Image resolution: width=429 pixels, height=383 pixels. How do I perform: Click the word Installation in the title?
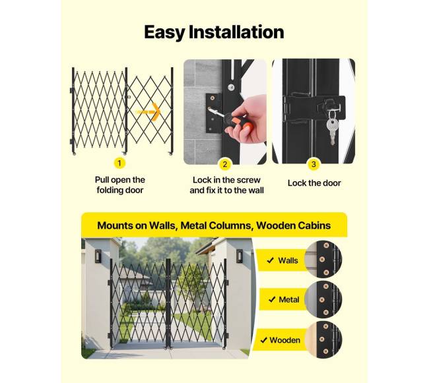click(x=236, y=32)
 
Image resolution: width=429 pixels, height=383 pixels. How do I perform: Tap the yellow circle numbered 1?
click(x=119, y=163)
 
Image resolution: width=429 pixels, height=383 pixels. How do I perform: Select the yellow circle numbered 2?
click(x=225, y=164)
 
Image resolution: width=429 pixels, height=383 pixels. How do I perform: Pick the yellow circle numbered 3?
click(x=313, y=164)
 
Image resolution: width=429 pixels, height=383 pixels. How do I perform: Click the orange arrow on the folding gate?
click(x=149, y=111)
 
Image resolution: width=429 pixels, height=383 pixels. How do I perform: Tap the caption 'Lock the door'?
click(x=314, y=183)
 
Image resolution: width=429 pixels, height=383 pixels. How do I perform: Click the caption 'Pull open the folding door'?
click(x=120, y=185)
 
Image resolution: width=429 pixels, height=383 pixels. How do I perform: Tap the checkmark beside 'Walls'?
click(x=271, y=260)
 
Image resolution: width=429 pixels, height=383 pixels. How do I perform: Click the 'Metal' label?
click(x=289, y=300)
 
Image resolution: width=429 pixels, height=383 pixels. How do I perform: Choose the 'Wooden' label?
click(x=285, y=340)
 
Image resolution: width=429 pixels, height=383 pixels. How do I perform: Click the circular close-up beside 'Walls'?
click(x=323, y=259)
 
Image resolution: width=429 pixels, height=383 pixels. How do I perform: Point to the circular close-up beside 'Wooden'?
click(x=323, y=339)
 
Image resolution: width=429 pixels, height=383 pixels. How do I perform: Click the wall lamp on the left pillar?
click(x=98, y=256)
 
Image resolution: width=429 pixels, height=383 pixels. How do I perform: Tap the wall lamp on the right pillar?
click(x=240, y=256)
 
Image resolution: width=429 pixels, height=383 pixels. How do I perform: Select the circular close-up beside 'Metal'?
click(x=323, y=299)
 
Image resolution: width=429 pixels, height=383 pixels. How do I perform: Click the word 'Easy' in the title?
click(x=164, y=32)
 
